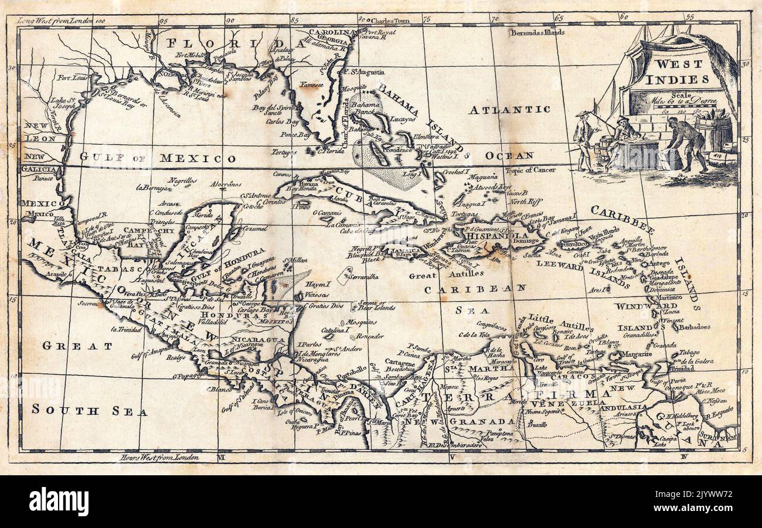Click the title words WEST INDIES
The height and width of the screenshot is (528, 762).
(681, 71)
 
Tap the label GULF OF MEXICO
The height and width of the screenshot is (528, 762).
(158, 158)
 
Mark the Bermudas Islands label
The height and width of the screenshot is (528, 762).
(537, 32)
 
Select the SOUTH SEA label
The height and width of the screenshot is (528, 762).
(89, 410)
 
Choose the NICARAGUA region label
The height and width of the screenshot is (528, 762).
(258, 340)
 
